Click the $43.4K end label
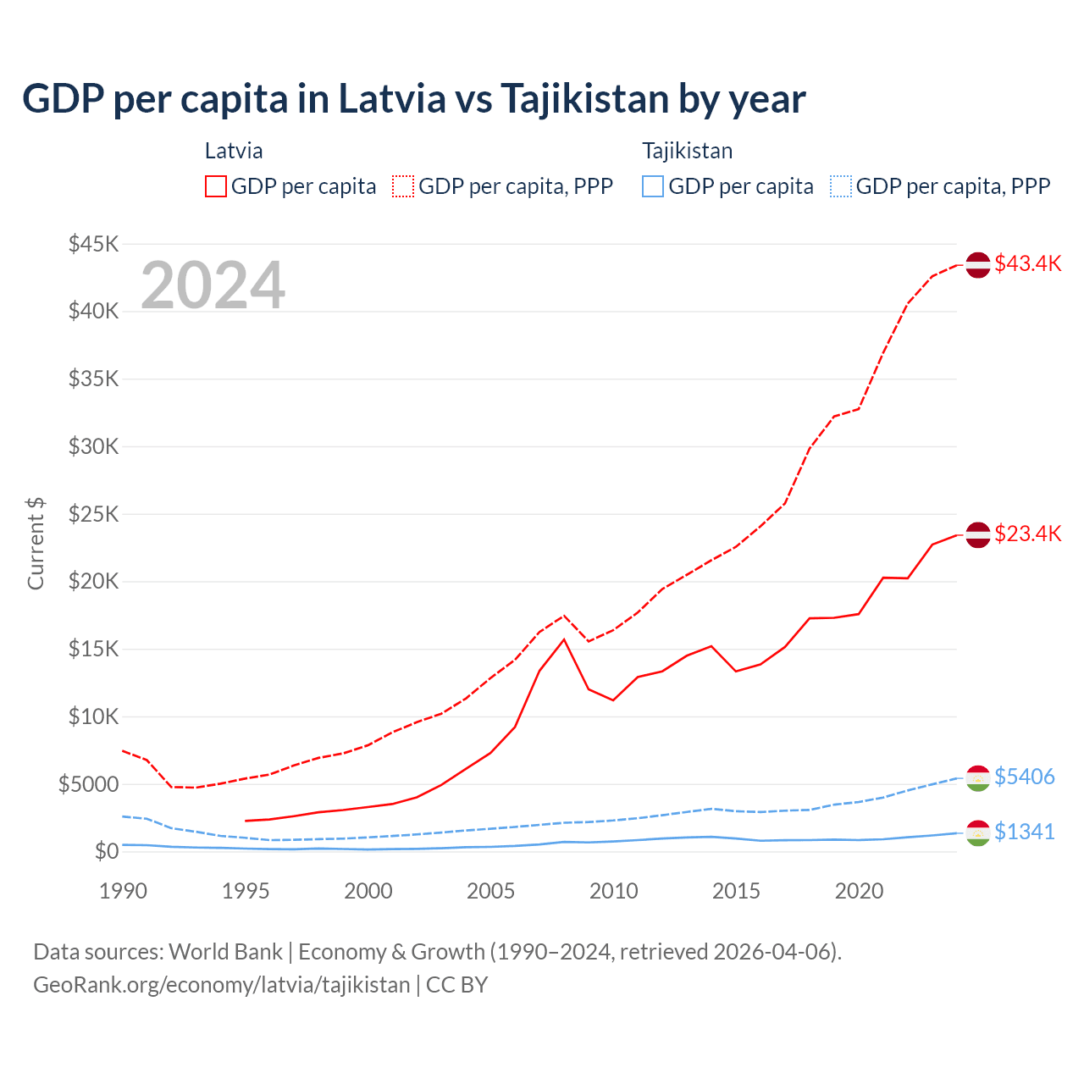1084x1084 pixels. pos(1027,263)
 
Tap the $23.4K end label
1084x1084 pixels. pos(1027,534)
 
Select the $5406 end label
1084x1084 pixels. pos(1024,777)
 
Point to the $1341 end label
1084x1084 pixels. pos(1024,832)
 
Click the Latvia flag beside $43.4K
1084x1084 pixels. pos(978,264)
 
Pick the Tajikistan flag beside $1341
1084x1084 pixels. pos(978,832)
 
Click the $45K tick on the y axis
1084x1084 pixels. pos(93,244)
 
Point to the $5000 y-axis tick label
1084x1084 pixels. pos(88,784)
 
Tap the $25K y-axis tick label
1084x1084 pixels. pos(93,514)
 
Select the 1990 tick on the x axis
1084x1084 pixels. pos(123,891)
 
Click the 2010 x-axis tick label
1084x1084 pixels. pos(613,891)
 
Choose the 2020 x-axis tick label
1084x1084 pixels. pos(859,891)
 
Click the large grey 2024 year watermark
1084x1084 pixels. pos(213,285)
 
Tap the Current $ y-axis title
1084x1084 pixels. pos(36,544)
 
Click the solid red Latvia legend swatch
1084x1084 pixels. pos(216,186)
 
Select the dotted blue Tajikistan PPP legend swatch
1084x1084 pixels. pos(841,186)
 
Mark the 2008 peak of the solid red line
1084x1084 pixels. pos(564,639)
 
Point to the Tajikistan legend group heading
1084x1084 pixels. pos(687,151)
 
